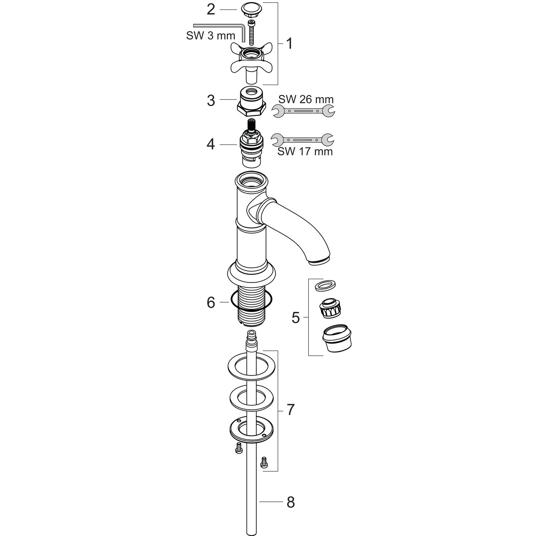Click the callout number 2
tap(211, 10)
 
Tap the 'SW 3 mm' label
tap(211, 36)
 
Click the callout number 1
tap(289, 44)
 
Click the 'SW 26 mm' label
tap(306, 99)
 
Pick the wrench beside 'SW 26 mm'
tap(304, 111)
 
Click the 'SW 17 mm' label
tap(305, 151)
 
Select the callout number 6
tap(211, 303)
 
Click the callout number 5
tap(295, 317)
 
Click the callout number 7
tap(290, 409)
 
